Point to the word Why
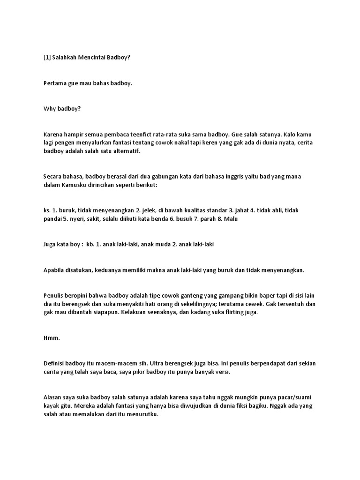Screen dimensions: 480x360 [50, 109]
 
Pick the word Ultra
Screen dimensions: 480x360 [160, 363]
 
